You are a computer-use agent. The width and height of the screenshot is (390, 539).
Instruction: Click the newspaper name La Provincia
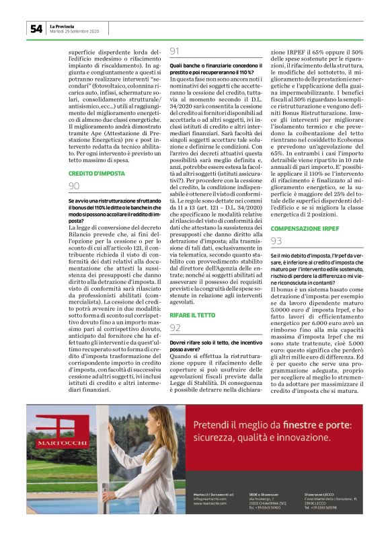click(64, 26)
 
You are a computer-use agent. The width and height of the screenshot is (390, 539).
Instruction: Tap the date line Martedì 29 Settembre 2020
click(74, 32)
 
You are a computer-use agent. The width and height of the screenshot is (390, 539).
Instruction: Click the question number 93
click(276, 240)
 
